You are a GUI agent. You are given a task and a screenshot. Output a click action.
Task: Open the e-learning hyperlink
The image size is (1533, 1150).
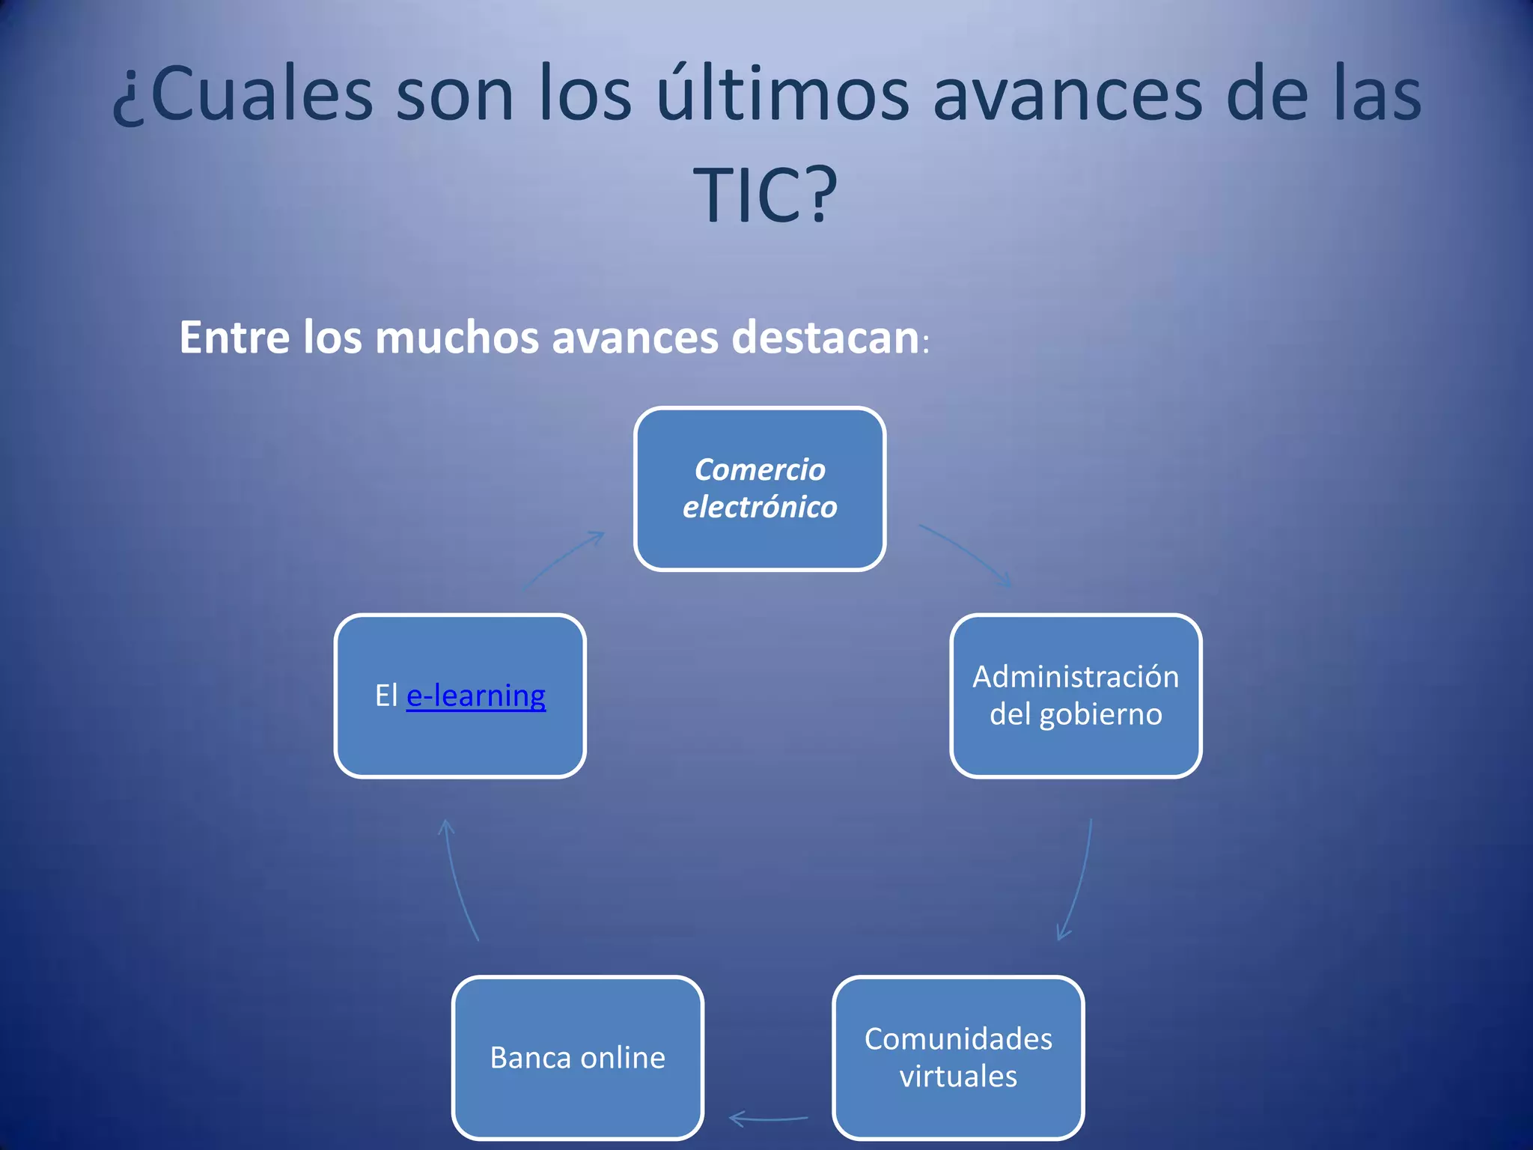point(476,696)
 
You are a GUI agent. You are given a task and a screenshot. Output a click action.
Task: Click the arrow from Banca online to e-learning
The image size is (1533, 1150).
point(457,880)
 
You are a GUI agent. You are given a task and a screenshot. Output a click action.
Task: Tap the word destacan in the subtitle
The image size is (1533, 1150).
point(825,338)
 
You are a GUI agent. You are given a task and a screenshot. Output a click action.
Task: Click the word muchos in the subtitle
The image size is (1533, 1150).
point(457,338)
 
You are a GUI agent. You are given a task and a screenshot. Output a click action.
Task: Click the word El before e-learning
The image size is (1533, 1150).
point(385,696)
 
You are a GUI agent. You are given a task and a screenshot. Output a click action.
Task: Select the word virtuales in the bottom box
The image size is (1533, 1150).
point(958,1077)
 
